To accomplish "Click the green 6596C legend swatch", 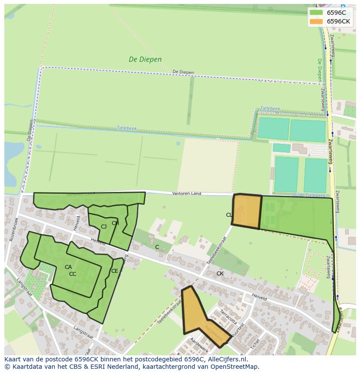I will tap(316, 13).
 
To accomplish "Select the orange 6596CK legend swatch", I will tap(316, 21).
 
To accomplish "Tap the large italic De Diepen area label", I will tap(145, 60).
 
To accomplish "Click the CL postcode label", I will tap(229, 215).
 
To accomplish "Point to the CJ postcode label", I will tap(103, 227).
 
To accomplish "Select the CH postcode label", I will tap(115, 223).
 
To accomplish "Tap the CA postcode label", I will tap(68, 267).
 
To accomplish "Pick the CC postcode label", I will tap(73, 274).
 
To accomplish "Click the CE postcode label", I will tap(114, 271).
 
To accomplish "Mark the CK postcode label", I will tap(220, 274).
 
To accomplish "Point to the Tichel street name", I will tap(254, 344).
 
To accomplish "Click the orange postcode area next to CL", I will tap(247, 211).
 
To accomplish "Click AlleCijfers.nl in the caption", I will tap(226, 359).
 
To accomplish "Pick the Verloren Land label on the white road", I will tap(187, 193).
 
